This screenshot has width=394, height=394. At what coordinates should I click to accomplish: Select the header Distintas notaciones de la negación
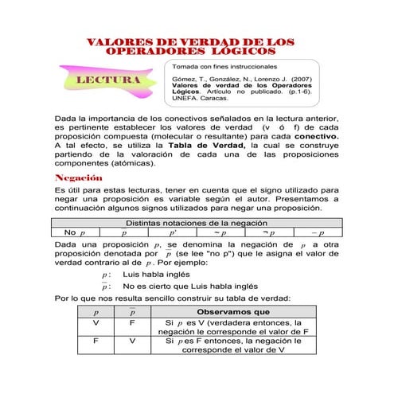click(x=197, y=223)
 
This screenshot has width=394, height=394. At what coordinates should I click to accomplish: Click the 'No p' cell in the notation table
click(x=74, y=232)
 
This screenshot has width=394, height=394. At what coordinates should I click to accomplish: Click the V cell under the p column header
click(x=96, y=324)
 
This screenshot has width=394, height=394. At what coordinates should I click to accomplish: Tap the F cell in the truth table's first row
click(x=132, y=324)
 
